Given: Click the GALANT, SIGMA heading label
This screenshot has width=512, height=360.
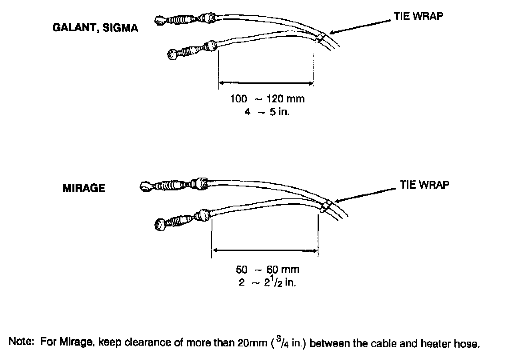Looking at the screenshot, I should pos(95,28).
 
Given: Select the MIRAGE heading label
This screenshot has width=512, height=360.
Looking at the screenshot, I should pos(84,188).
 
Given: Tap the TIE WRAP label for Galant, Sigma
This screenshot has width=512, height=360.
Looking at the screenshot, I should pos(418,17).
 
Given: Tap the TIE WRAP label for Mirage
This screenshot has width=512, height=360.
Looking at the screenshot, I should pos(424,185).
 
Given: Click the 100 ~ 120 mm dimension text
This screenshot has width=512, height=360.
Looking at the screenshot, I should pos(267,99).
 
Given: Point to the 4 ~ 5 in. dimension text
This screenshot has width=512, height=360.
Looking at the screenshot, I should pos(267,112).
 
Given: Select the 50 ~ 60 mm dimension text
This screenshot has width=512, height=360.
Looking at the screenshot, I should pos(268,269).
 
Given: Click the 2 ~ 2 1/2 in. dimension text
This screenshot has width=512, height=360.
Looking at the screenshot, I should pos(268,282).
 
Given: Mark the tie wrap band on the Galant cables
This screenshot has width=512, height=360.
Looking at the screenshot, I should pos(320,37).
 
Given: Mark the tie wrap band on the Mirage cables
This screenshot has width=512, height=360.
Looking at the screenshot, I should pos(325,207).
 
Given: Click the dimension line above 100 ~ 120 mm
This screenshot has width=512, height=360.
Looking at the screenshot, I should pos(266,83).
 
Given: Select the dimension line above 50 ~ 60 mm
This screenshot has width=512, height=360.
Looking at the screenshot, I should pos(265,250).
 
